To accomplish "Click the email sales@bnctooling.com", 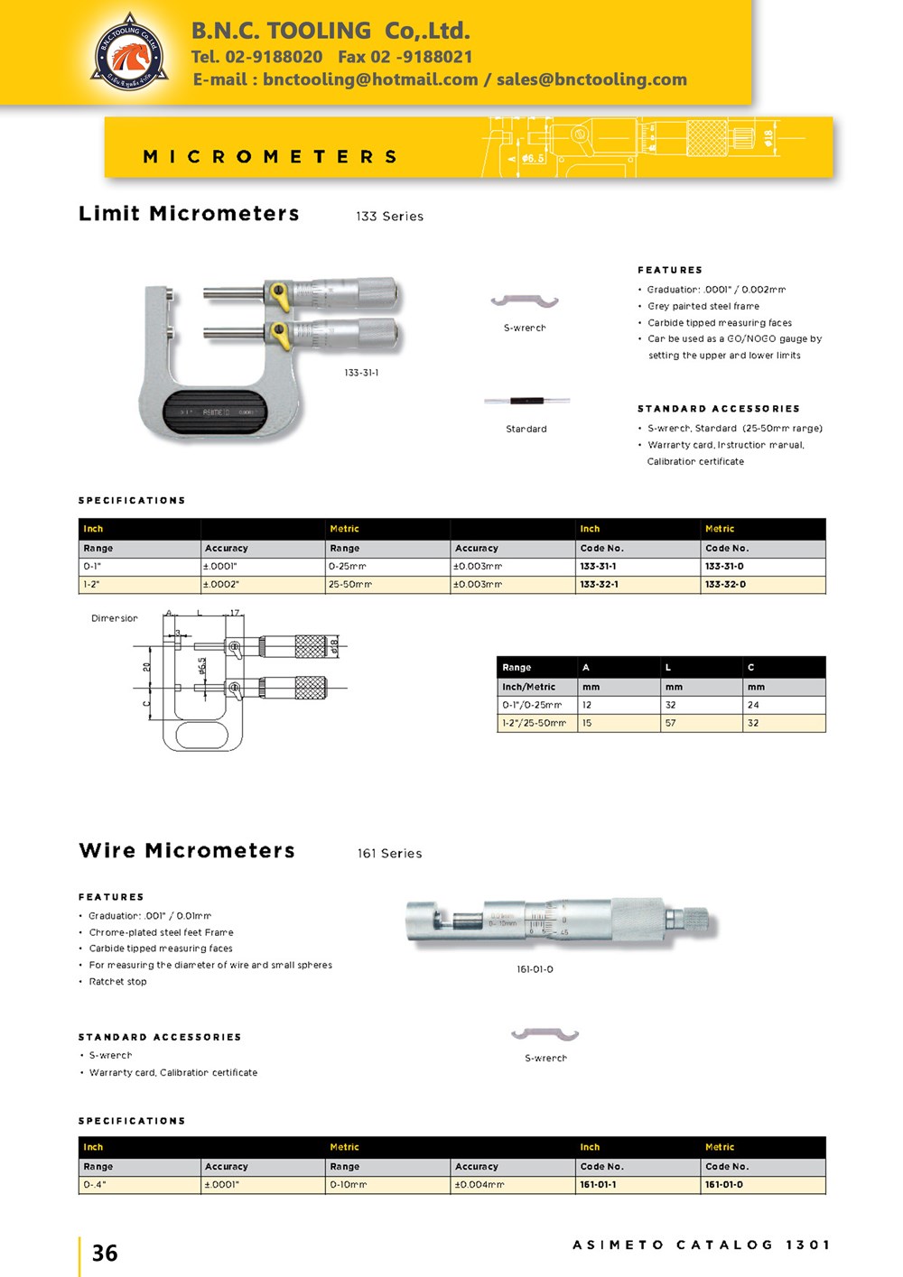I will click(x=591, y=79).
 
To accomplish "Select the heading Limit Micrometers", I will click(x=189, y=214).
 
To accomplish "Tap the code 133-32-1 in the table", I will click(x=599, y=585).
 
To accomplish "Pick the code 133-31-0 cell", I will click(x=724, y=567).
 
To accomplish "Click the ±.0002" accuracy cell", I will click(x=221, y=585).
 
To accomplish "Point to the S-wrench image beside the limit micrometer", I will click(x=525, y=301).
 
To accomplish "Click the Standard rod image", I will click(x=526, y=401).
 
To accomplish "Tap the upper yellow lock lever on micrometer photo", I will click(x=278, y=293).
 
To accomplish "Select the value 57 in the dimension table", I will click(x=671, y=723).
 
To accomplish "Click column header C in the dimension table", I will click(x=750, y=667).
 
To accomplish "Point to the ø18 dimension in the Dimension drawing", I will click(x=334, y=646).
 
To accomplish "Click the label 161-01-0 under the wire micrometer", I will click(x=535, y=969).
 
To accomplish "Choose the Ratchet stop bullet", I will click(x=117, y=982).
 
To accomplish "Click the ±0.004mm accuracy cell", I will click(x=479, y=1185).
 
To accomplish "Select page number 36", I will click(x=105, y=1253).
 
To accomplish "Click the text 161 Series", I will click(x=389, y=854).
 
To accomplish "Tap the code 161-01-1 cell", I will click(x=598, y=1185).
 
